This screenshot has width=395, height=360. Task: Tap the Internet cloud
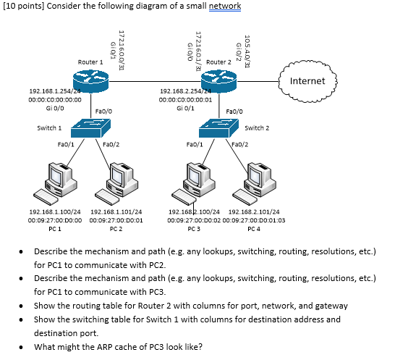point(307,81)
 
